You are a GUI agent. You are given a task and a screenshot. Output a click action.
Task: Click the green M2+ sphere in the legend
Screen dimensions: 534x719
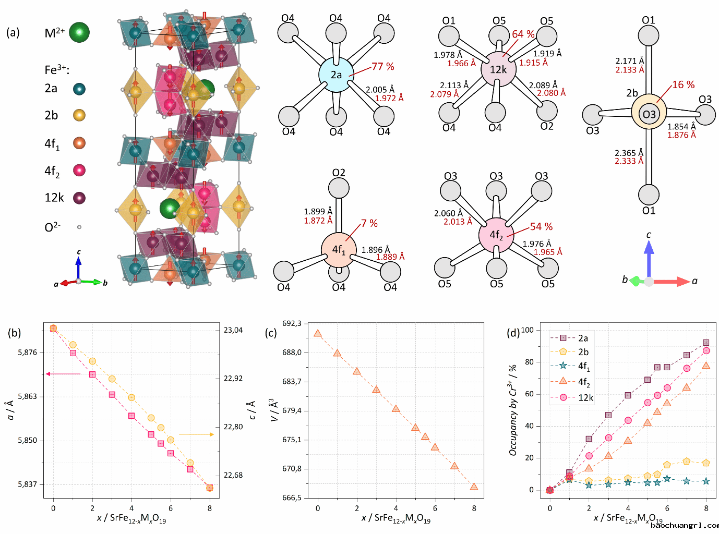pyautogui.click(x=79, y=32)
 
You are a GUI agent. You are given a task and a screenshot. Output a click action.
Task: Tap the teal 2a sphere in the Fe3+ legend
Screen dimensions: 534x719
pyautogui.click(x=79, y=89)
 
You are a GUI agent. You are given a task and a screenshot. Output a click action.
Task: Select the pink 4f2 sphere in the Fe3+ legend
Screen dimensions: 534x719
pyautogui.click(x=79, y=170)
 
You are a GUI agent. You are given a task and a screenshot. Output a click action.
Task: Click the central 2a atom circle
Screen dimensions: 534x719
pyautogui.click(x=336, y=75)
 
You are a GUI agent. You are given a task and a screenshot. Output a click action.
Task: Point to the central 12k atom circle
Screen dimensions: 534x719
pyautogui.click(x=498, y=69)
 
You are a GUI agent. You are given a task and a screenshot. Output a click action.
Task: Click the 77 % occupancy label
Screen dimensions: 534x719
pyautogui.click(x=383, y=67)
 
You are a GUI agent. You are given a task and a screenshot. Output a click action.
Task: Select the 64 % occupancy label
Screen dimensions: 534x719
pyautogui.click(x=523, y=34)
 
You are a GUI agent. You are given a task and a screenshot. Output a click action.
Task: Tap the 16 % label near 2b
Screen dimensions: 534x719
pyautogui.click(x=683, y=85)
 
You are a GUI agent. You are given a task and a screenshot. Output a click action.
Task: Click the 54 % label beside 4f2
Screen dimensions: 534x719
pyautogui.click(x=541, y=227)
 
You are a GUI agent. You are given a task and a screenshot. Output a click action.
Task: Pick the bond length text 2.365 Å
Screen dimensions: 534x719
pyautogui.click(x=629, y=153)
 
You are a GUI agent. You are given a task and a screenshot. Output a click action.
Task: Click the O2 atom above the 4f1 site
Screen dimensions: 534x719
pyautogui.click(x=339, y=188)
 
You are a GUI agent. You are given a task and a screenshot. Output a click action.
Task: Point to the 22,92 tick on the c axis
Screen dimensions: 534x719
pyautogui.click(x=233, y=378)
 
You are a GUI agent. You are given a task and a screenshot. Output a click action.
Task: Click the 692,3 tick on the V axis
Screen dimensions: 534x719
pyautogui.click(x=292, y=323)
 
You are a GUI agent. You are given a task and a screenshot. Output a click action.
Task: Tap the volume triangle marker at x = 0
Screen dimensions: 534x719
pyautogui.click(x=318, y=333)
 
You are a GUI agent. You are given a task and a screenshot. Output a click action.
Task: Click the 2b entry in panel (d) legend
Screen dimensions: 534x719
pyautogui.click(x=583, y=352)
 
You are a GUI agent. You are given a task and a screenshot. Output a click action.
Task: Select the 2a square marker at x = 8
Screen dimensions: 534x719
pyautogui.click(x=706, y=343)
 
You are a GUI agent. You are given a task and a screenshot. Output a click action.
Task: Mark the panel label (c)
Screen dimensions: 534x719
pyautogui.click(x=271, y=333)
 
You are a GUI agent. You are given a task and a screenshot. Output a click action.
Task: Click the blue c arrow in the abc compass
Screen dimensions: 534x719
pyautogui.click(x=649, y=256)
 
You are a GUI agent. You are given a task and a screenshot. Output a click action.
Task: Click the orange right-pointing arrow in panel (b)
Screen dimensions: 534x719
pyautogui.click(x=197, y=434)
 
